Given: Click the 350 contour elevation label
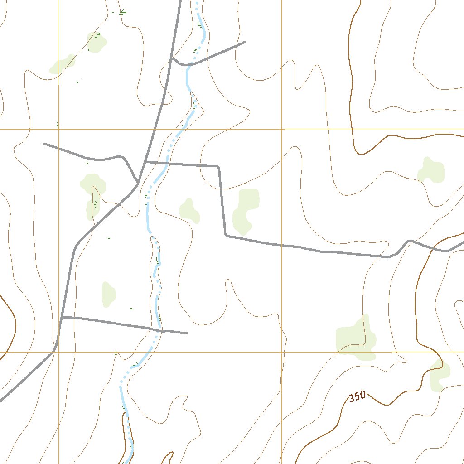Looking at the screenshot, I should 357,396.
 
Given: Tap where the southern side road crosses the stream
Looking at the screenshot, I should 160,330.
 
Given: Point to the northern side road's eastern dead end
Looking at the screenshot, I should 245,42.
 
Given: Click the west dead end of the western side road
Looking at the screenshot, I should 43,144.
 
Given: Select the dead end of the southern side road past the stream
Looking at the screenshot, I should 187,333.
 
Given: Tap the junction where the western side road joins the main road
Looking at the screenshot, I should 138,183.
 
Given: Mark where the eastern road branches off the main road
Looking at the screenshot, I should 145,161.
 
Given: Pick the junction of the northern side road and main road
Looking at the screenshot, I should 170,59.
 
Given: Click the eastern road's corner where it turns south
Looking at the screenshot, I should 219,167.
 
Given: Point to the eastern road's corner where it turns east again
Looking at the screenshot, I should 226,235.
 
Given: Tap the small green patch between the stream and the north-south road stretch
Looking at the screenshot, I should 189,210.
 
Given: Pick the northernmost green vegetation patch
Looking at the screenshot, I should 97,42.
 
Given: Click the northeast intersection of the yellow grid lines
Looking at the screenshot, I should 281,129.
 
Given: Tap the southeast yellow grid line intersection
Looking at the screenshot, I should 281,352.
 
